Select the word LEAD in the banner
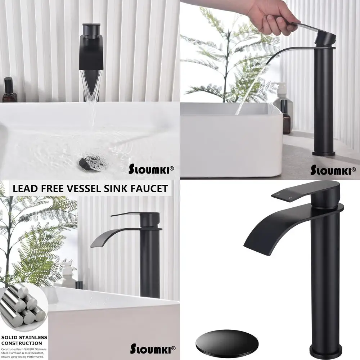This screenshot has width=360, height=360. [x=27, y=188]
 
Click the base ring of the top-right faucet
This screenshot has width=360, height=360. [x=323, y=153]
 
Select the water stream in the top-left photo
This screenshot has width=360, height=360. [x=92, y=94]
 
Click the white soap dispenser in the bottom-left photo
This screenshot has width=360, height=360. [x=67, y=275]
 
